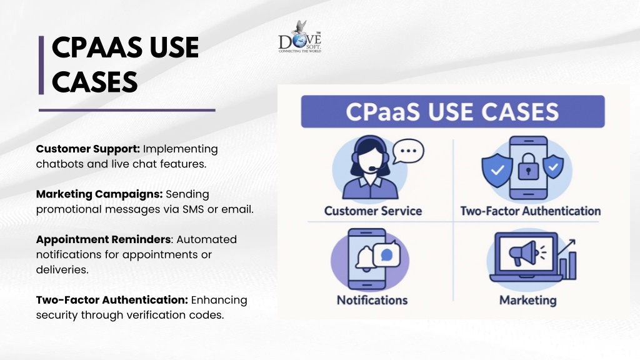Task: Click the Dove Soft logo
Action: pyautogui.click(x=299, y=37)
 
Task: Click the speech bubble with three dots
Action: pyautogui.click(x=408, y=151)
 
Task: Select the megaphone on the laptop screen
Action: pyautogui.click(x=524, y=253)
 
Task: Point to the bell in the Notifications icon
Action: pyautogui.click(x=364, y=259)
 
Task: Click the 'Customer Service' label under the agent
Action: pyautogui.click(x=373, y=211)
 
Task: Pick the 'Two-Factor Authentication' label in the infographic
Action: pyautogui.click(x=531, y=211)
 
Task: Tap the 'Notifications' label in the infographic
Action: pyautogui.click(x=372, y=301)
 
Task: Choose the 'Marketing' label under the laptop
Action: pyautogui.click(x=527, y=301)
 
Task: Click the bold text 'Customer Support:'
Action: pyautogui.click(x=87, y=149)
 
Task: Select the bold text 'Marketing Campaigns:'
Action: pyautogui.click(x=99, y=194)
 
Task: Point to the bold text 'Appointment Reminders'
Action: pyautogui.click(x=103, y=239)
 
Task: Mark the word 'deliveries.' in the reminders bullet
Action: pyautogui.click(x=62, y=270)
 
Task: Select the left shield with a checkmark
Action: pyautogui.click(x=497, y=170)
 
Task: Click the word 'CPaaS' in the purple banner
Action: pyautogui.click(x=382, y=112)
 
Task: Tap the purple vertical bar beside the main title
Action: pyautogui.click(x=41, y=65)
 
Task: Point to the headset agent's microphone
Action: pyautogui.click(x=373, y=168)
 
